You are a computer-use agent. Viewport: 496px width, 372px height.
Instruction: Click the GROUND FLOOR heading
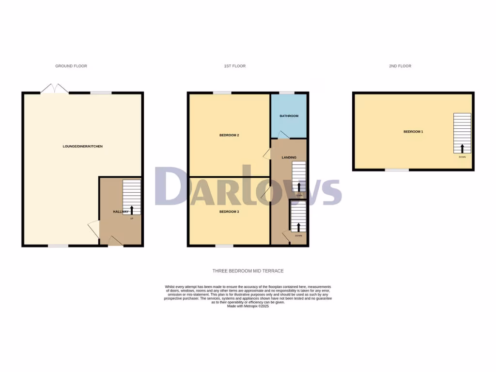coord(71,66)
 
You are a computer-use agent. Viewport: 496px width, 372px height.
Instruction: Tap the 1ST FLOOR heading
coord(234,66)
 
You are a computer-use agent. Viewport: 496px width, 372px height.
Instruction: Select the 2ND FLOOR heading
coord(400,66)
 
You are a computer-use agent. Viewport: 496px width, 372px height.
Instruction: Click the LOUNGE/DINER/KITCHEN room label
coord(82,146)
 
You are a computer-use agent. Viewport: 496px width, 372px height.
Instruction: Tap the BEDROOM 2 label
coord(229,135)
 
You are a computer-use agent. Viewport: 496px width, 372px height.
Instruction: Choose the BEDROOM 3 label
coord(229,212)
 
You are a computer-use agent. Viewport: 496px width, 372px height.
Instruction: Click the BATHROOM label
coord(289,116)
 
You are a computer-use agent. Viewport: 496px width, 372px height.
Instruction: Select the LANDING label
coord(289,157)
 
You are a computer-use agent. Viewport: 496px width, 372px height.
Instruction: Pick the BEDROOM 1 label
coord(414,131)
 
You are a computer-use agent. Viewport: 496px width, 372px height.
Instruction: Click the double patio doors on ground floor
coord(54,89)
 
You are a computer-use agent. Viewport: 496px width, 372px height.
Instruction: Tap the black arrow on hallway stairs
coord(131,210)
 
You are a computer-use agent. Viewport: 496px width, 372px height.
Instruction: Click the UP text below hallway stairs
coord(131,218)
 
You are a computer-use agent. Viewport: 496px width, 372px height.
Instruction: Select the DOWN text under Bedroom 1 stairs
coord(462,156)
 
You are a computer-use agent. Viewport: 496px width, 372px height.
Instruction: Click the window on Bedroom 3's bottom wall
coord(224,246)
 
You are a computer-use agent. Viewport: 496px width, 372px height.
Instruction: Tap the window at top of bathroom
coord(287,93)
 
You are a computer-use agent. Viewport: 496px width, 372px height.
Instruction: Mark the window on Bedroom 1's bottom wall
coord(397,170)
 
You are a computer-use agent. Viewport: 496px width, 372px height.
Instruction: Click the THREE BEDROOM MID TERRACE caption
coord(248,271)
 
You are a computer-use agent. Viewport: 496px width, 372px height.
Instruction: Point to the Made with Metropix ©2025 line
coord(248,306)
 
